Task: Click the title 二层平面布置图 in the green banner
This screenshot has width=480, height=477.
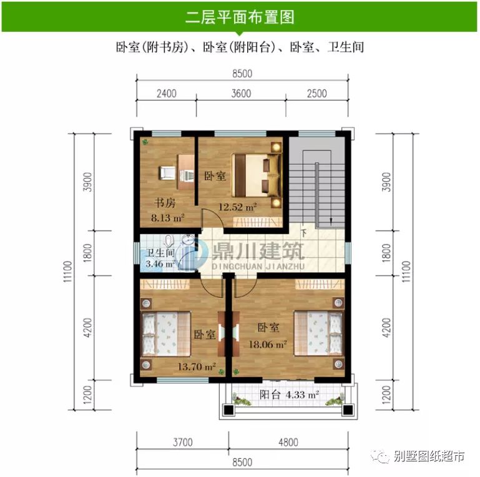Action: pyautogui.click(x=240, y=16)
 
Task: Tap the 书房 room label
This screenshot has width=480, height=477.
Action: pyautogui.click(x=165, y=202)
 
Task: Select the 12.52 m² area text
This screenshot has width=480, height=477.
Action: pyautogui.click(x=238, y=207)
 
